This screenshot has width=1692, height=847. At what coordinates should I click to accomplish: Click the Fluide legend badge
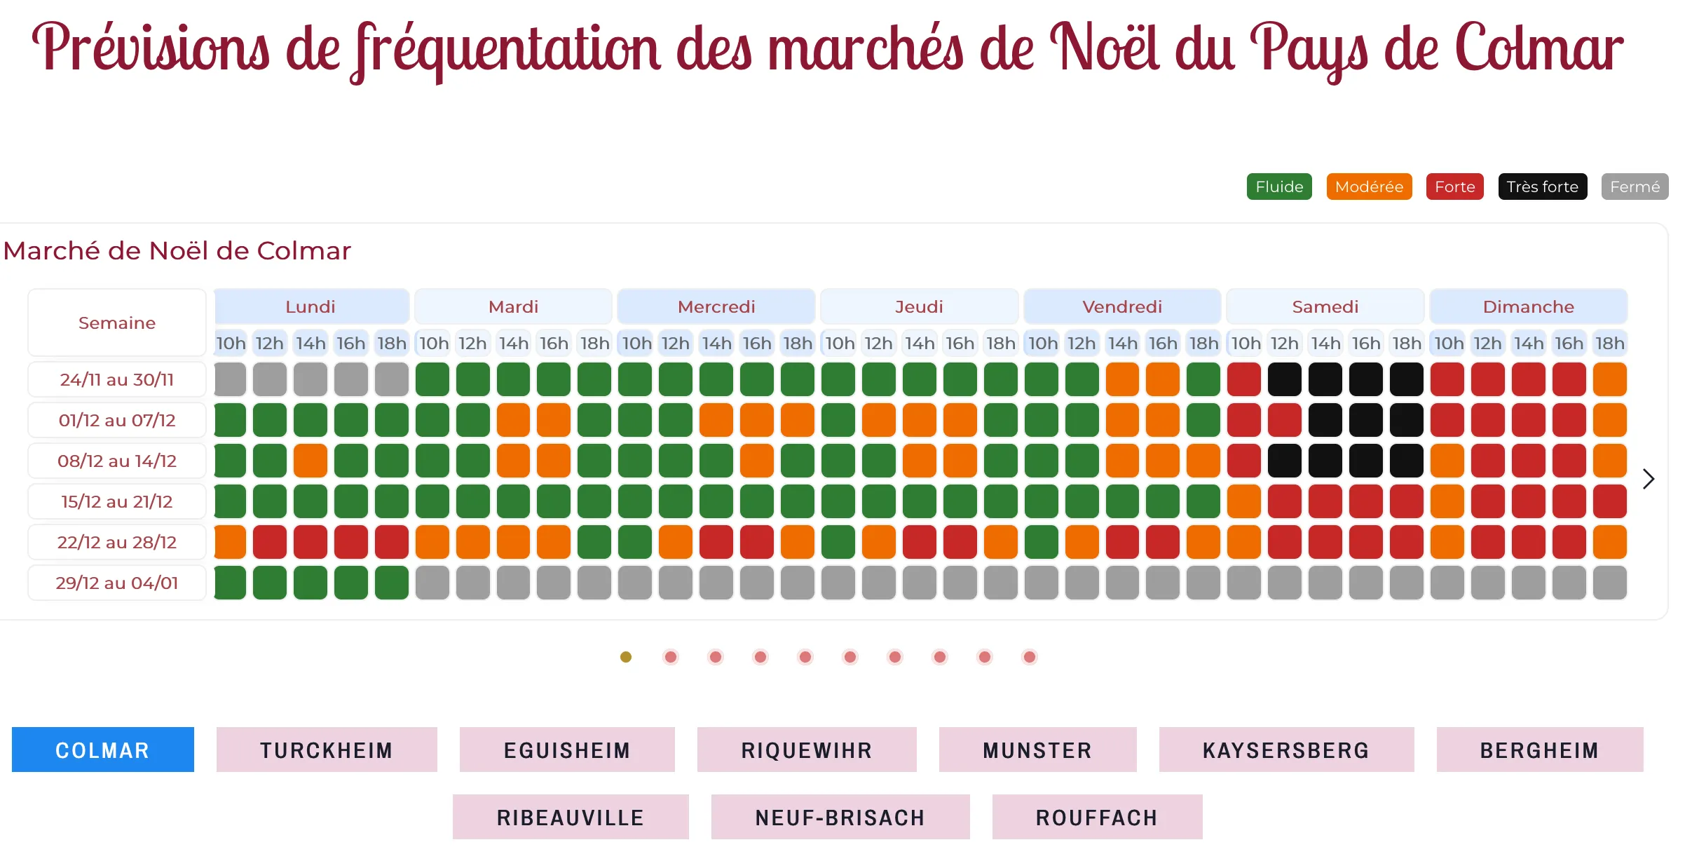[x=1278, y=187]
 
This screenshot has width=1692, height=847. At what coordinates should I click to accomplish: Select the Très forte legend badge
[x=1542, y=187]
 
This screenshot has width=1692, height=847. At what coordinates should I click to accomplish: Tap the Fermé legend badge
[x=1635, y=187]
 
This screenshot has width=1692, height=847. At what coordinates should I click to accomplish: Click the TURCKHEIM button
[x=327, y=750]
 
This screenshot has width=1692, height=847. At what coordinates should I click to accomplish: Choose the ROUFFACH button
[x=1097, y=817]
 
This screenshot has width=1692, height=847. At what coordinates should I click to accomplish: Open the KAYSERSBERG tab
[x=1286, y=750]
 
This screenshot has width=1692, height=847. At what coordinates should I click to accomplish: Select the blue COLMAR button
[x=102, y=750]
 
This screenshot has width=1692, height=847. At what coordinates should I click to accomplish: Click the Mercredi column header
[x=716, y=306]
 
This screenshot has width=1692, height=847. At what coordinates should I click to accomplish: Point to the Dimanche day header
[x=1528, y=306]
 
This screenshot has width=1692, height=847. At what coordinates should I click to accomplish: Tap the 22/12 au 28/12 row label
[x=117, y=542]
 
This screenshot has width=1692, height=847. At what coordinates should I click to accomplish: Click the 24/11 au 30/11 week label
[x=117, y=379]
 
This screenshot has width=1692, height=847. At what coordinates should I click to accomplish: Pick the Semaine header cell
[x=117, y=323]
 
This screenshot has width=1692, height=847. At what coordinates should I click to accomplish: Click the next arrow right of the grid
[x=1649, y=479]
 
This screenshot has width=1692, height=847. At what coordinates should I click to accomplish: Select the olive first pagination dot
[x=626, y=657]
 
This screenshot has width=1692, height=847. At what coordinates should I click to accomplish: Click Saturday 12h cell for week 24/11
[x=1284, y=379]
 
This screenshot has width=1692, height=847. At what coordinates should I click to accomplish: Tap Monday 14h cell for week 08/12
[x=311, y=461]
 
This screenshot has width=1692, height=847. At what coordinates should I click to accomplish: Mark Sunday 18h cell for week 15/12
[x=1609, y=501]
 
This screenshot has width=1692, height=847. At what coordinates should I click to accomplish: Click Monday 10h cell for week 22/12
[x=230, y=542]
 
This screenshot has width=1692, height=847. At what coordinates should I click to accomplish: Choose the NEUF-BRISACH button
[x=840, y=817]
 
